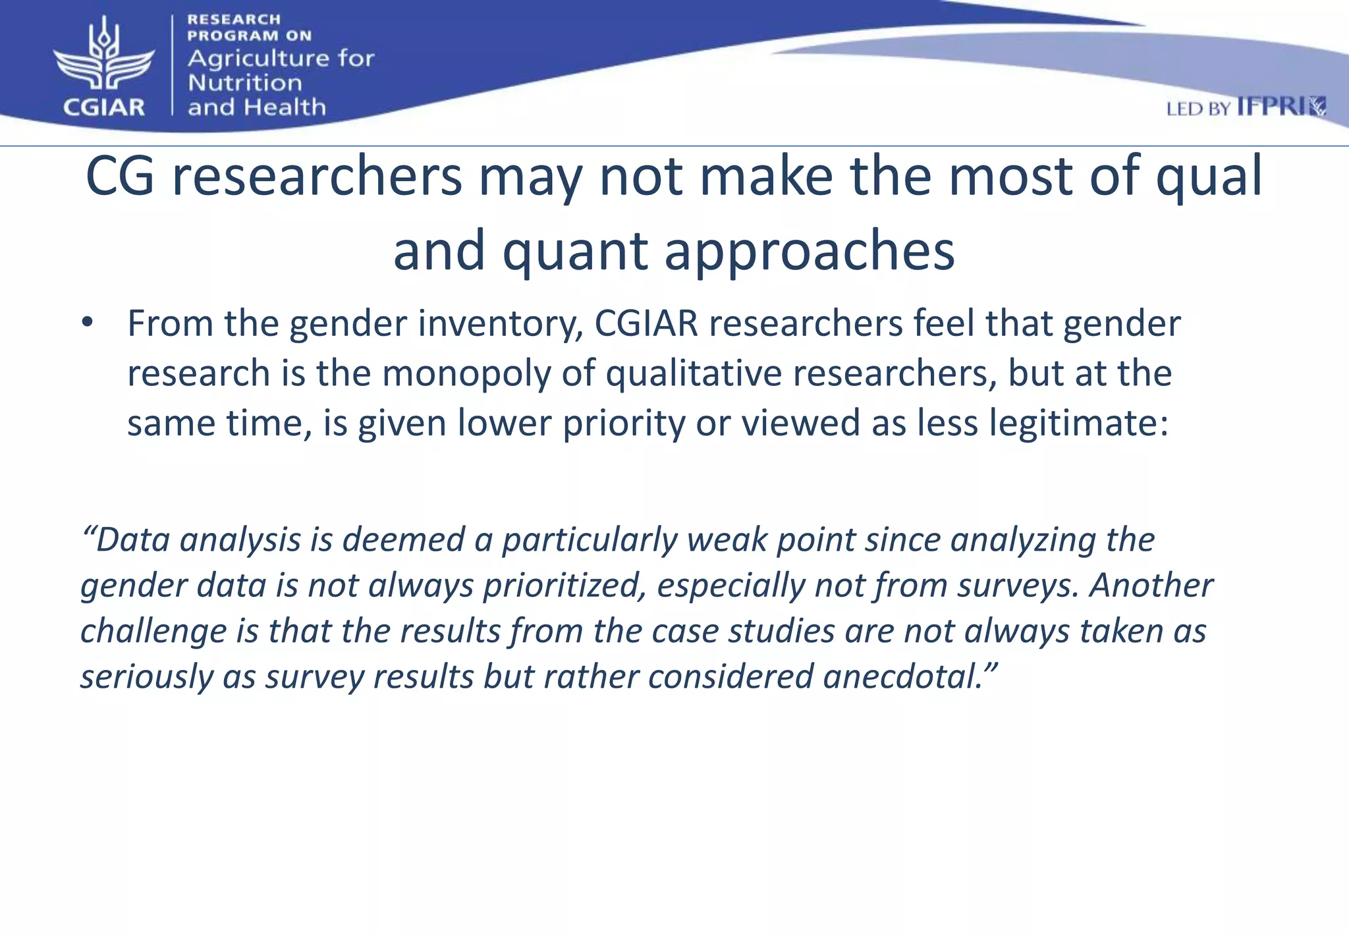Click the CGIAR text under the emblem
tap(104, 107)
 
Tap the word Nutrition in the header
tap(244, 83)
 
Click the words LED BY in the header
tap(1198, 109)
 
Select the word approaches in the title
tap(810, 251)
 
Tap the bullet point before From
tap(88, 323)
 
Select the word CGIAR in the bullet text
tap(646, 323)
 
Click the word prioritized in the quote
tap(564, 586)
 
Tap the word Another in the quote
tap(1151, 585)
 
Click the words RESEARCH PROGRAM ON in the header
tap(249, 28)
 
